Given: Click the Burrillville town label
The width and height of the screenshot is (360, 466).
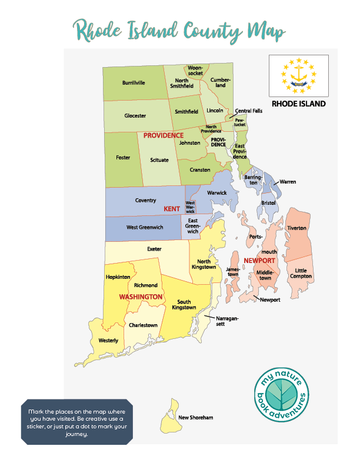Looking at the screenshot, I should coord(134,82).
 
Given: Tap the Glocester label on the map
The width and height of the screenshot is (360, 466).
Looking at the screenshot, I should coord(135,116).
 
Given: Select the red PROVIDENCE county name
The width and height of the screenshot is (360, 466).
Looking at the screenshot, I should coord(164,135).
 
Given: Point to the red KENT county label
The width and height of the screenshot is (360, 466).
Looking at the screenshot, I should coord(172,209).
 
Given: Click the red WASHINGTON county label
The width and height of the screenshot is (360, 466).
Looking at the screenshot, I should coord(141,297).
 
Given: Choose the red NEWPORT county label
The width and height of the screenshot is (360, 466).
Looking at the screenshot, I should coord(259,260).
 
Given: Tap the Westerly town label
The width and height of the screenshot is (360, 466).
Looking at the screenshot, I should coord(108,341).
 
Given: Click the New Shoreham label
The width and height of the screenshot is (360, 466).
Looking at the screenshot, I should coord(196,418).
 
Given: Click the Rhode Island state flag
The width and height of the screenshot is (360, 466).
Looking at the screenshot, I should coord(299,76).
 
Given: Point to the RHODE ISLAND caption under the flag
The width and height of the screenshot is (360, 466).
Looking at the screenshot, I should coord(299,104).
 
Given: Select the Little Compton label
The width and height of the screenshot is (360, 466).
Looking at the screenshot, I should coord(301,274).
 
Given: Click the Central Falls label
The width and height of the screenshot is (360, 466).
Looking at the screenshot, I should coord(249,111).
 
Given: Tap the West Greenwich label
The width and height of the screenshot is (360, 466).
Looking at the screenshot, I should coord(145,227).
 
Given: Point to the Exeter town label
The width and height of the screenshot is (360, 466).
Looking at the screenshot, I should coord(154,249).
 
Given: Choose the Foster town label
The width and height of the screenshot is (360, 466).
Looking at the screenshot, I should coord(123,158).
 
